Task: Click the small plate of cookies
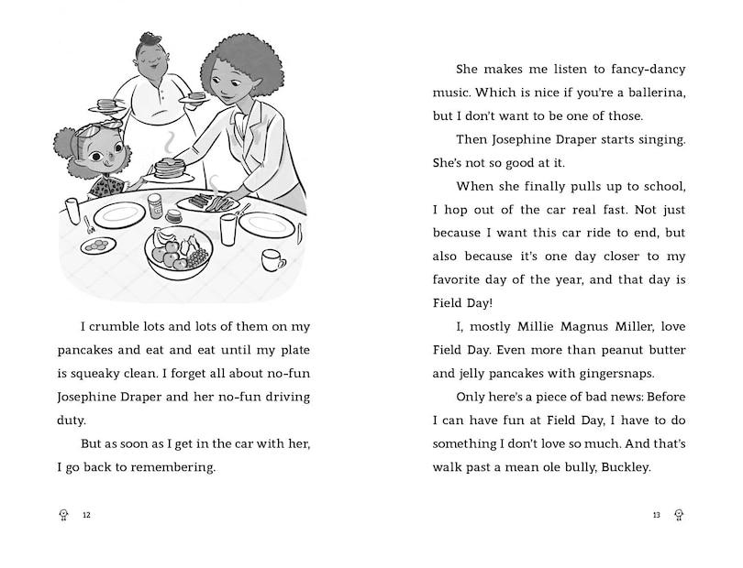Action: pos(98,245)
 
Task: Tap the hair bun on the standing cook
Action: pos(150,40)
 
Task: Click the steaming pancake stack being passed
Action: pos(168,168)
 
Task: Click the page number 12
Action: pos(86,515)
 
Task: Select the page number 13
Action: pos(656,515)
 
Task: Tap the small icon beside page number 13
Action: pos(678,515)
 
